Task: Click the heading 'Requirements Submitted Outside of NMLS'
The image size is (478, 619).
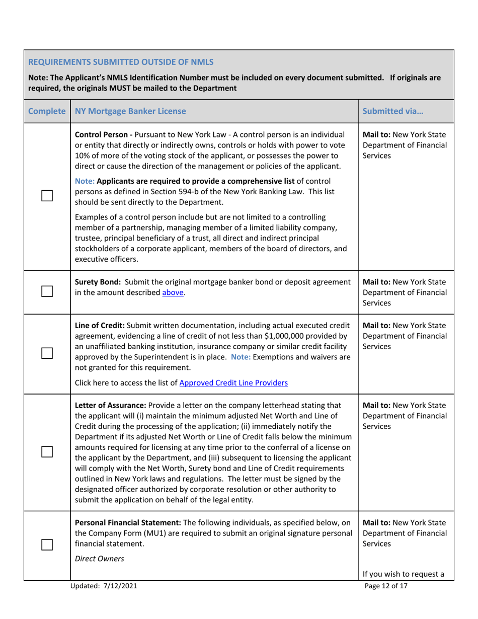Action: pyautogui.click(x=121, y=62)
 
